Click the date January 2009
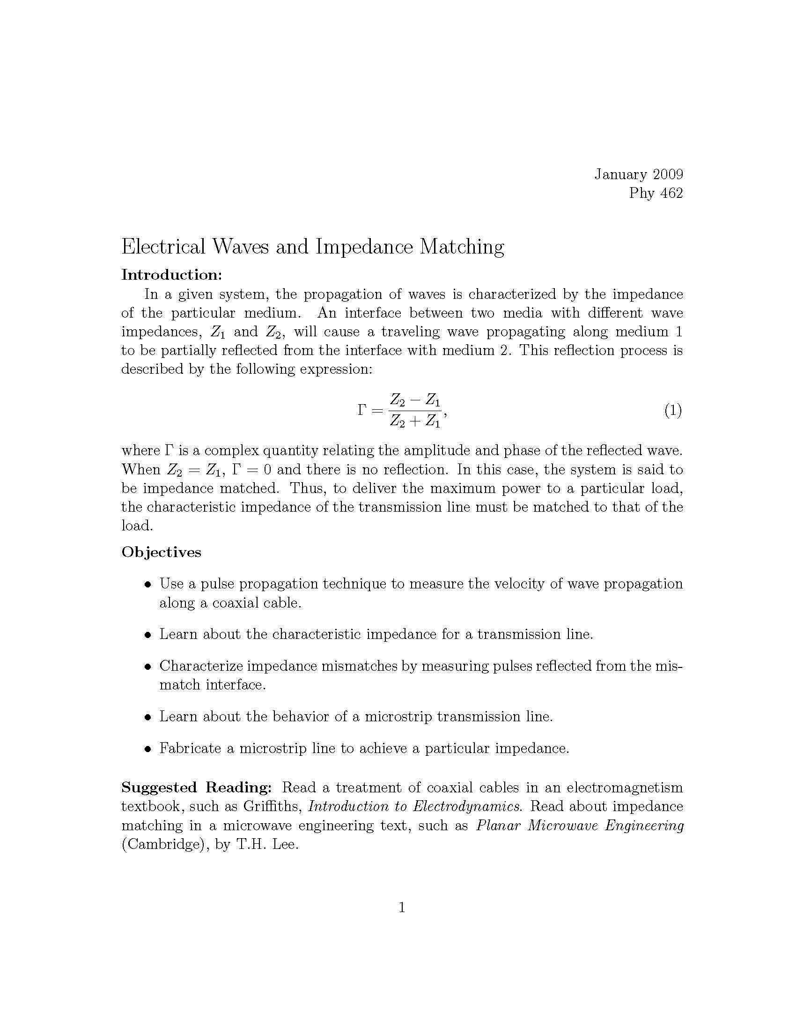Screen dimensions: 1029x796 coord(639,174)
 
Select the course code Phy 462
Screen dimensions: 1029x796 coord(656,193)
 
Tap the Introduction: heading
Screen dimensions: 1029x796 coord(171,275)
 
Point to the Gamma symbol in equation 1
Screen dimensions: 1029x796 coord(361,410)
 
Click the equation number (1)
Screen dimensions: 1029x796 coord(673,410)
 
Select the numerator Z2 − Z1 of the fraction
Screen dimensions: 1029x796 coord(414,400)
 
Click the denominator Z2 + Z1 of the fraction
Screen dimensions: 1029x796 coord(414,421)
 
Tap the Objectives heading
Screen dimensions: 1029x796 coord(161,552)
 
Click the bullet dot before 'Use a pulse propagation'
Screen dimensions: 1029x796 coord(148,585)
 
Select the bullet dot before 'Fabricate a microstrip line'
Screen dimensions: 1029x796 coord(148,749)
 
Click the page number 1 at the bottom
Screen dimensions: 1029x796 coord(402,907)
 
